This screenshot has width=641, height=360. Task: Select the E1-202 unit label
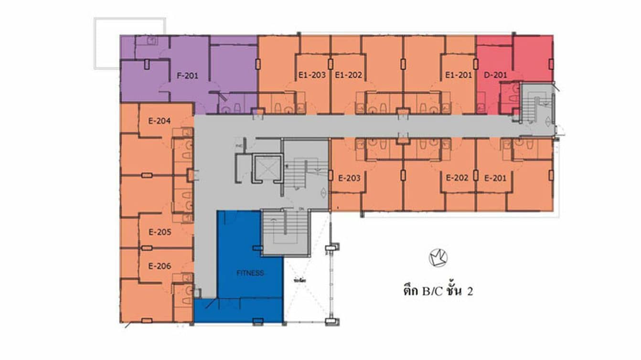point(349,75)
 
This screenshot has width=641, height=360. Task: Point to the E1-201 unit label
point(459,75)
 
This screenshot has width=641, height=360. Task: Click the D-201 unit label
point(495,75)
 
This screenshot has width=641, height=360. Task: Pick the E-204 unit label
point(160,121)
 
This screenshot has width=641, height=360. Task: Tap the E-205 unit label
point(160,233)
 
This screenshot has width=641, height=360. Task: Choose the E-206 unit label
point(160,266)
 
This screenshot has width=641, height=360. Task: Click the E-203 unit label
point(349,179)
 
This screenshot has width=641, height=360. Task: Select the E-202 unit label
point(457,178)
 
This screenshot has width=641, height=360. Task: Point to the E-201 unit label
point(495,178)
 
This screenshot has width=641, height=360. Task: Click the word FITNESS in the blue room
point(250,273)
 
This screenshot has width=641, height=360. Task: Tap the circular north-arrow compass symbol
point(438,258)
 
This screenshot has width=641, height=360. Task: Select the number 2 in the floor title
point(470,291)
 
